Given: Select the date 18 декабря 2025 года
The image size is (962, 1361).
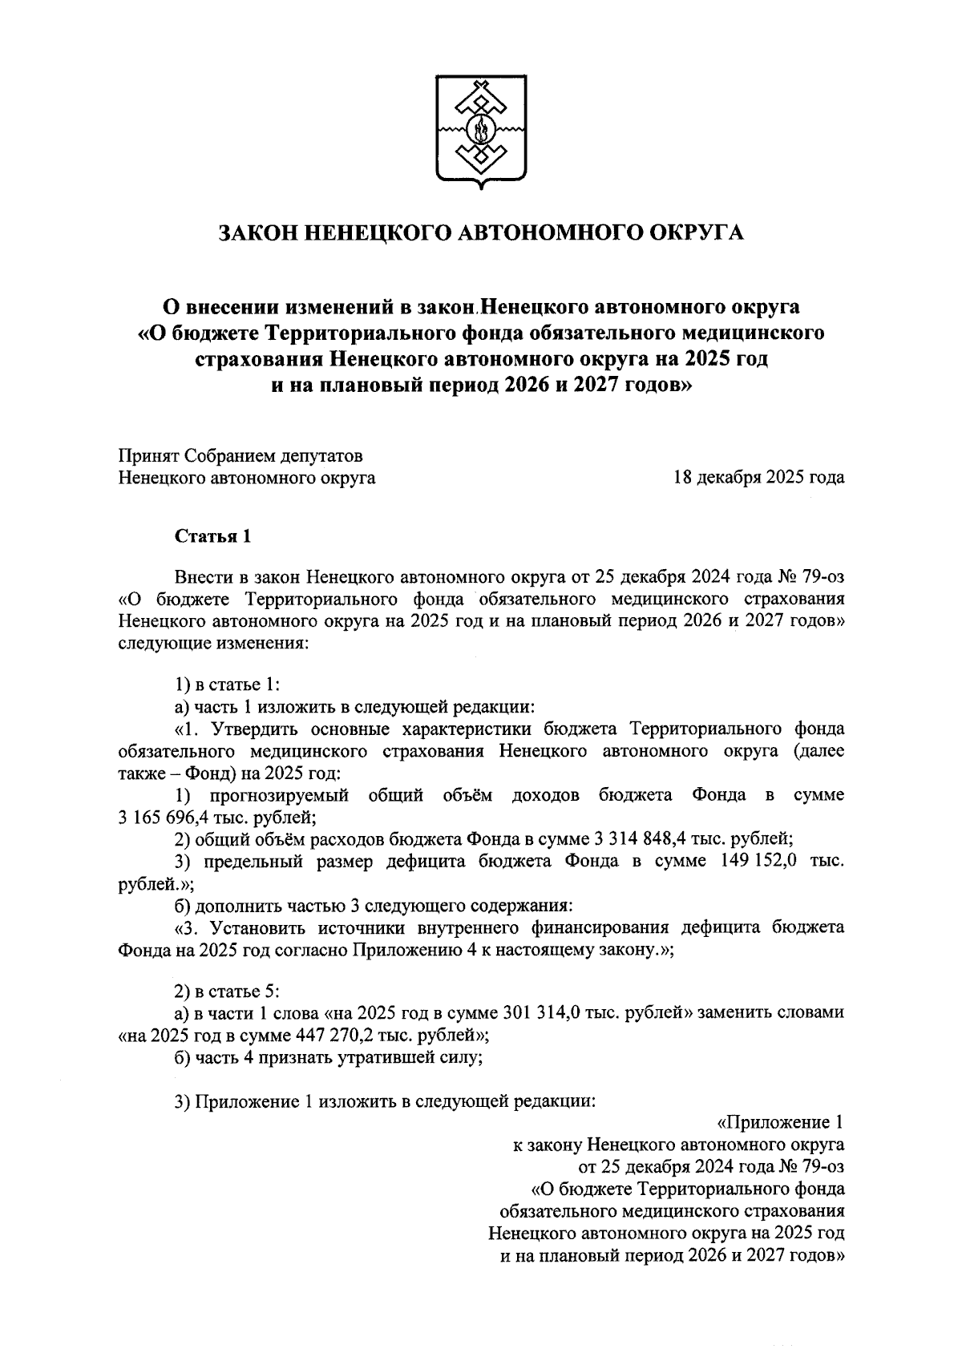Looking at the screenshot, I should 758,479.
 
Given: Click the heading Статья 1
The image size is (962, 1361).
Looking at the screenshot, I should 213,536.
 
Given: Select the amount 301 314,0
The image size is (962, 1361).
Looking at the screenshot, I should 557,1012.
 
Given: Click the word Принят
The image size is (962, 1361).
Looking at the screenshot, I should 148,456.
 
